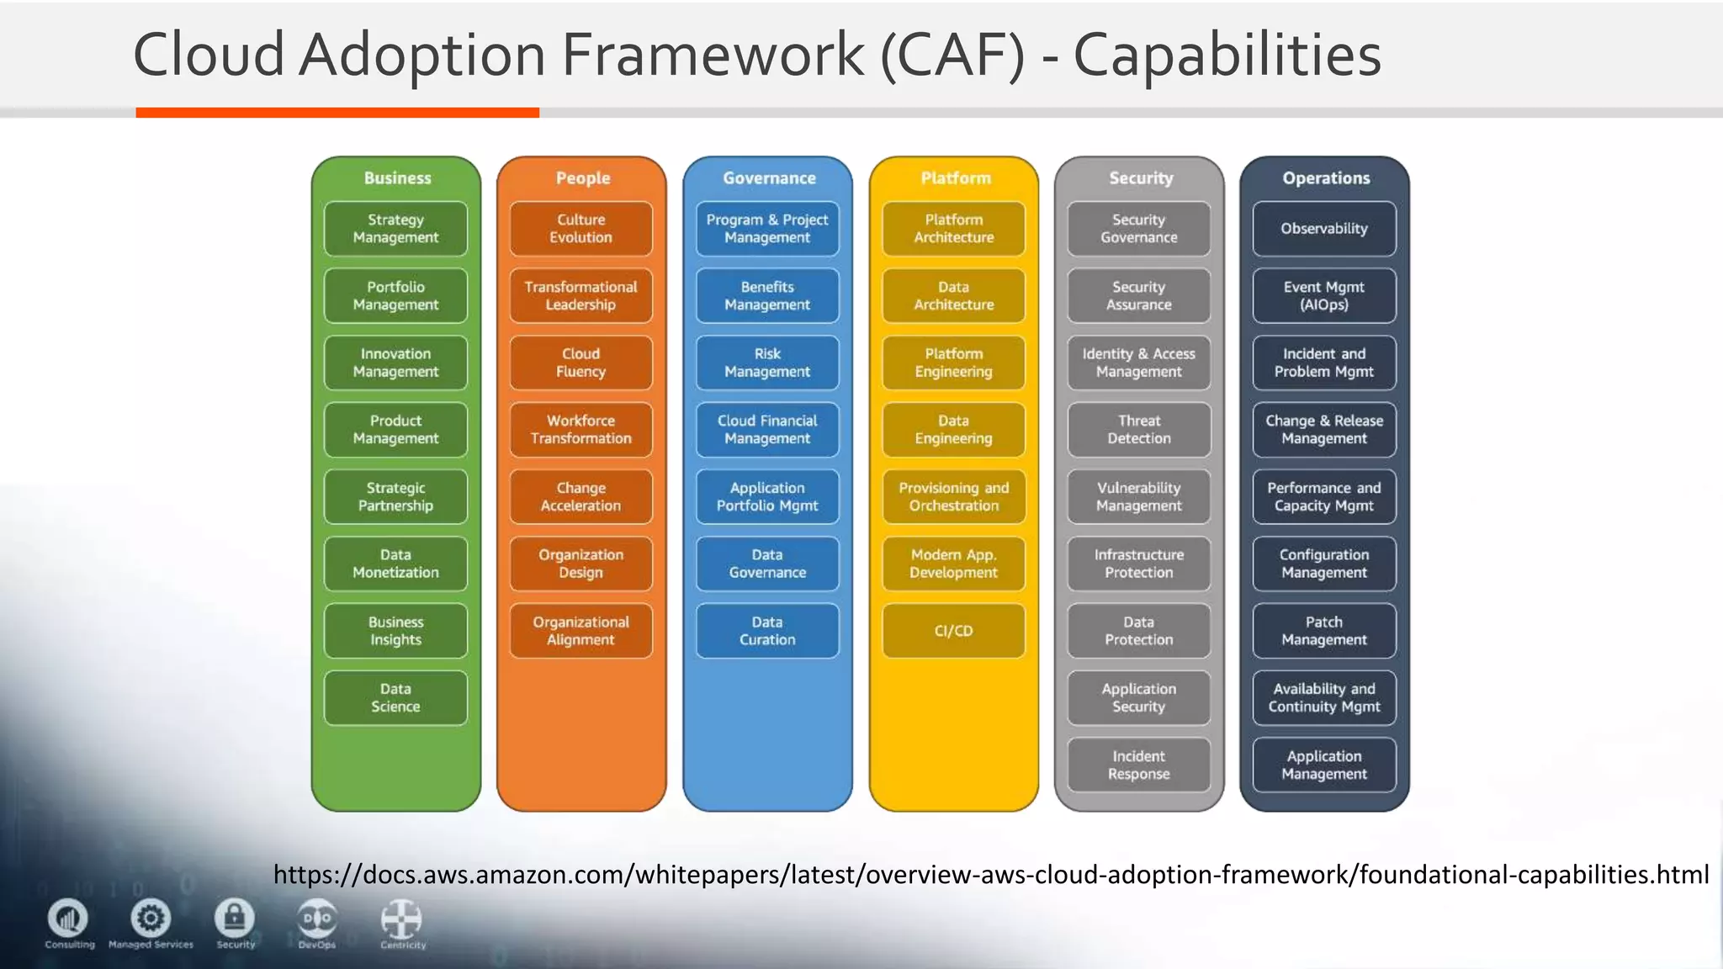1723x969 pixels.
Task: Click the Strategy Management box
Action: pyautogui.click(x=395, y=229)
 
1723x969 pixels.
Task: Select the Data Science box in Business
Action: pyautogui.click(x=395, y=697)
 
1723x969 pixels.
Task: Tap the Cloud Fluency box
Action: pyautogui.click(x=581, y=363)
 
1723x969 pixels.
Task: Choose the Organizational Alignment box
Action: pyautogui.click(x=581, y=631)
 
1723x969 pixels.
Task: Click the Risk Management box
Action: pyautogui.click(x=767, y=363)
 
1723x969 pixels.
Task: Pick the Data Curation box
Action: pyautogui.click(x=767, y=631)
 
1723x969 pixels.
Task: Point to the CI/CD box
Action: pyautogui.click(x=953, y=631)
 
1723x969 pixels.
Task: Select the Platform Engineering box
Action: pyautogui.click(x=953, y=363)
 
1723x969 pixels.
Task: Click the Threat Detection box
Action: pyautogui.click(x=1139, y=430)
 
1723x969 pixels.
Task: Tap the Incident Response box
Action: pyautogui.click(x=1139, y=765)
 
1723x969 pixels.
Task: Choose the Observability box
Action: pyautogui.click(x=1324, y=229)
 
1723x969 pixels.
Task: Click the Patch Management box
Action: pyautogui.click(x=1324, y=631)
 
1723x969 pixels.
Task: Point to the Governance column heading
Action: pyautogui.click(x=769, y=178)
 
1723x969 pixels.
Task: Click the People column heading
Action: pyautogui.click(x=582, y=178)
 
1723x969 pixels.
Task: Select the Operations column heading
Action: pyautogui.click(x=1326, y=178)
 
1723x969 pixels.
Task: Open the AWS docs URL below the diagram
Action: pyautogui.click(x=991, y=875)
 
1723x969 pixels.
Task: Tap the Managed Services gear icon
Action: pyautogui.click(x=151, y=919)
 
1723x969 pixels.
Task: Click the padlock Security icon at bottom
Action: pyautogui.click(x=235, y=919)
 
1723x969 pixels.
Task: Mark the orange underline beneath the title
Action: pyautogui.click(x=337, y=113)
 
